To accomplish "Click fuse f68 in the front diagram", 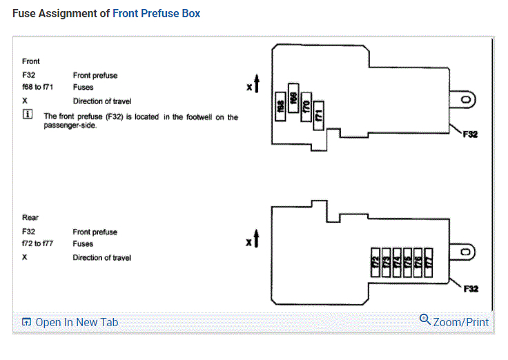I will (282, 107).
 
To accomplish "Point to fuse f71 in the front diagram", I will (319, 114).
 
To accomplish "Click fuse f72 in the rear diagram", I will (376, 263).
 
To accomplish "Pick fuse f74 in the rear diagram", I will (397, 263).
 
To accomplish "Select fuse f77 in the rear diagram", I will (429, 263).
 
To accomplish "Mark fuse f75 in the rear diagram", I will (407, 263).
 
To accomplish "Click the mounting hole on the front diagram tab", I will (467, 100).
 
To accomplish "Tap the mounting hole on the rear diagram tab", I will (467, 252).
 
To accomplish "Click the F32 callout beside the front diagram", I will (469, 134).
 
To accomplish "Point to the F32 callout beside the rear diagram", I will (469, 288).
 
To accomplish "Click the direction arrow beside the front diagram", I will (256, 85).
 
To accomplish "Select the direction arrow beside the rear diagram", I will (256, 239).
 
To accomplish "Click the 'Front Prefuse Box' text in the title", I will (156, 13).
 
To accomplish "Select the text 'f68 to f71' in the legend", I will (38, 88).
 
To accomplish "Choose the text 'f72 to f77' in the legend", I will (38, 243).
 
